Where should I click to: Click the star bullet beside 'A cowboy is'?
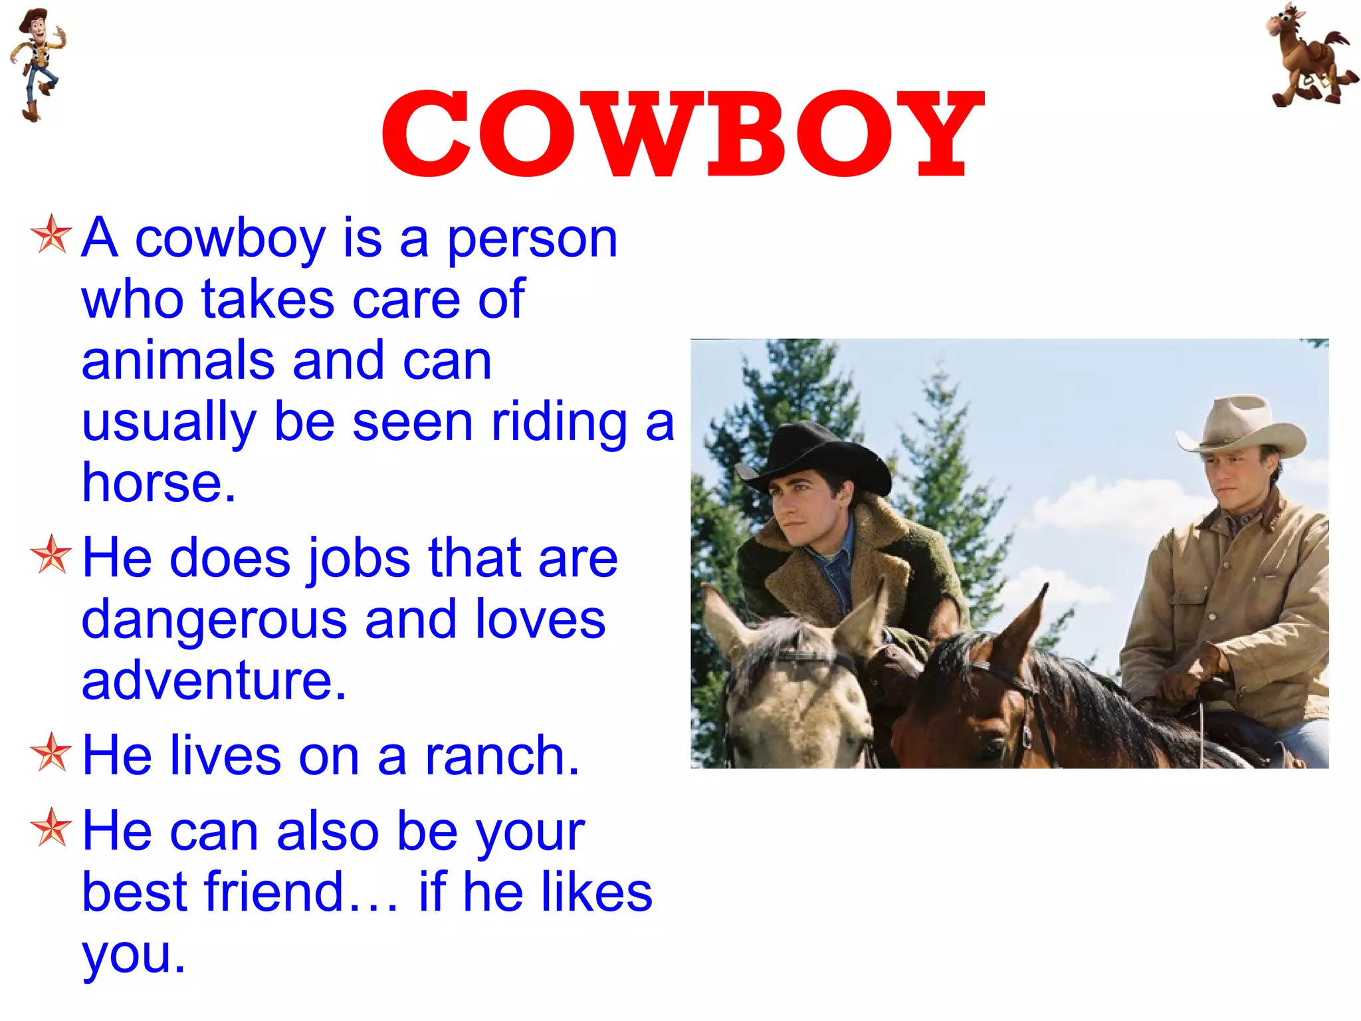tap(51, 235)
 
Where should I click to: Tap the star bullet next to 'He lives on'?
tap(51, 752)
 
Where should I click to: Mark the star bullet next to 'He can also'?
tap(51, 828)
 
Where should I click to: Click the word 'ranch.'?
tap(502, 756)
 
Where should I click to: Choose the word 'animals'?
tap(177, 360)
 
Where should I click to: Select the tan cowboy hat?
tap(1240, 425)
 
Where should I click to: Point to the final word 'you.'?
tap(134, 954)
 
